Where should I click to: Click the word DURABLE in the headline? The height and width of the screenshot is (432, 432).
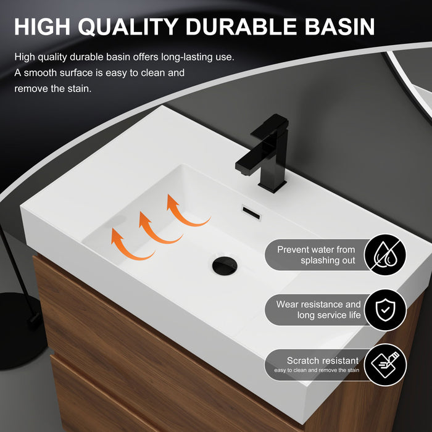pos(245,27)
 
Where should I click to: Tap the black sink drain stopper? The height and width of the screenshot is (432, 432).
pos(224,266)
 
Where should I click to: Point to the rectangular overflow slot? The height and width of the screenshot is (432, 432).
pos(252,213)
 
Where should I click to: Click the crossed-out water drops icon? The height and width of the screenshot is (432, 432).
pos(385,255)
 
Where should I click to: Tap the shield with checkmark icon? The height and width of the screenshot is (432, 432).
pos(385,310)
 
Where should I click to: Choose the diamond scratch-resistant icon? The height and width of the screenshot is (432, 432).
pos(385,365)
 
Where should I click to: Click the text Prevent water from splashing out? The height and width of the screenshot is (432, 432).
pos(316,255)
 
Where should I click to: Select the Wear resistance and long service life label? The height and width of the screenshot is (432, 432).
pos(318,310)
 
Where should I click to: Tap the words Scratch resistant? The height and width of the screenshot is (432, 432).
pos(322,360)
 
